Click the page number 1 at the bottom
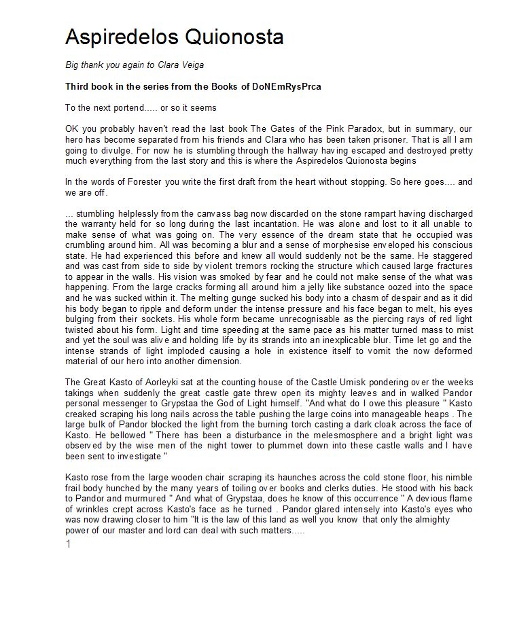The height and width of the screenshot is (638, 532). point(68,544)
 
